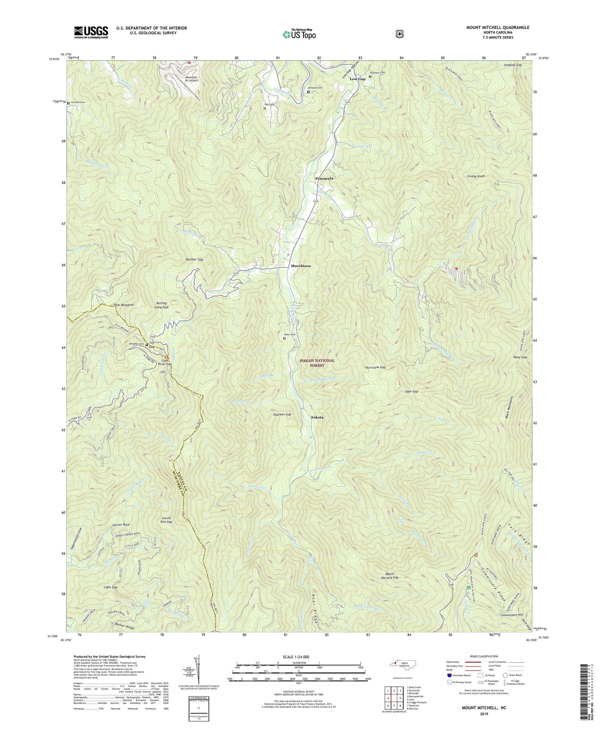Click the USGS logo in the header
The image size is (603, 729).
pyautogui.click(x=91, y=32)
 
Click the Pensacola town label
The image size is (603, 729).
pyautogui.click(x=324, y=178)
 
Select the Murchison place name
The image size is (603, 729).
pyautogui.click(x=301, y=266)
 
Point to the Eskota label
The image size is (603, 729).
pyautogui.click(x=317, y=417)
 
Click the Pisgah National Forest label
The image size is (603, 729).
pyautogui.click(x=317, y=363)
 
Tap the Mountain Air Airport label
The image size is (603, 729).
pyautogui.click(x=186, y=78)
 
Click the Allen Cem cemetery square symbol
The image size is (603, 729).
pyautogui.click(x=285, y=339)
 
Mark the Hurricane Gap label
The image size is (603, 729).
pyautogui.click(x=375, y=368)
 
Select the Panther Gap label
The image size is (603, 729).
pyautogui.click(x=194, y=260)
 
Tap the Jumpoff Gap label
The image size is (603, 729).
pyautogui.click(x=512, y=65)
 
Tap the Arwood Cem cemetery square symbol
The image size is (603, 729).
pyautogui.click(x=68, y=103)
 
